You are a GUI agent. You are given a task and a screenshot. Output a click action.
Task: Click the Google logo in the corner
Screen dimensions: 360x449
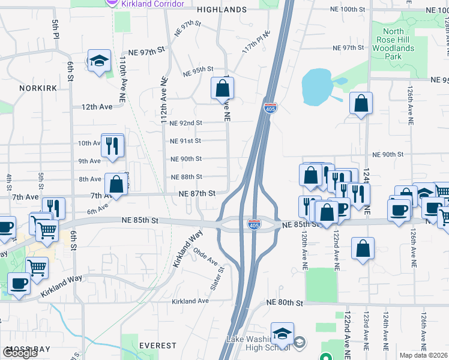pyautogui.click(x=20, y=353)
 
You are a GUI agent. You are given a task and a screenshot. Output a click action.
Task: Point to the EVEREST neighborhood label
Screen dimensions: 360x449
pyautogui.click(x=157, y=346)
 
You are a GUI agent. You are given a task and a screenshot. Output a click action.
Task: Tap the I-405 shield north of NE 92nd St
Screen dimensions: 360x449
pyautogui.click(x=270, y=108)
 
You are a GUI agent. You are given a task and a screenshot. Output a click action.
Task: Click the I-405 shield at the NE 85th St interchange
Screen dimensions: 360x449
pyautogui.click(x=253, y=224)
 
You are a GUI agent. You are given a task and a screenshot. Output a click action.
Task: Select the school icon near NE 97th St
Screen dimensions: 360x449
pyautogui.click(x=99, y=61)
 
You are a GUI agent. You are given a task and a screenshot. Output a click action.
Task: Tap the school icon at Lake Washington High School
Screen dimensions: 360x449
pyautogui.click(x=282, y=334)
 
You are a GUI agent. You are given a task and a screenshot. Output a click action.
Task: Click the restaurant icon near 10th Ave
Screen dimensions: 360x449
pyautogui.click(x=112, y=145)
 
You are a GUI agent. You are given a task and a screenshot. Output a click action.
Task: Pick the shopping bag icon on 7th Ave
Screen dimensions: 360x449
pyautogui.click(x=116, y=185)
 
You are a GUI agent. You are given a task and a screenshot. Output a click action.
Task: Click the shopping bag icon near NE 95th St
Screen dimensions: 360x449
pyautogui.click(x=222, y=88)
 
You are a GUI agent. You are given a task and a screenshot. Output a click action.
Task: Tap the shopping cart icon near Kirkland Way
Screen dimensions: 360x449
pyautogui.click(x=37, y=268)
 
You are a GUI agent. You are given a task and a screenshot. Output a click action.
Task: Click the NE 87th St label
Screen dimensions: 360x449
pyautogui.click(x=197, y=193)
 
